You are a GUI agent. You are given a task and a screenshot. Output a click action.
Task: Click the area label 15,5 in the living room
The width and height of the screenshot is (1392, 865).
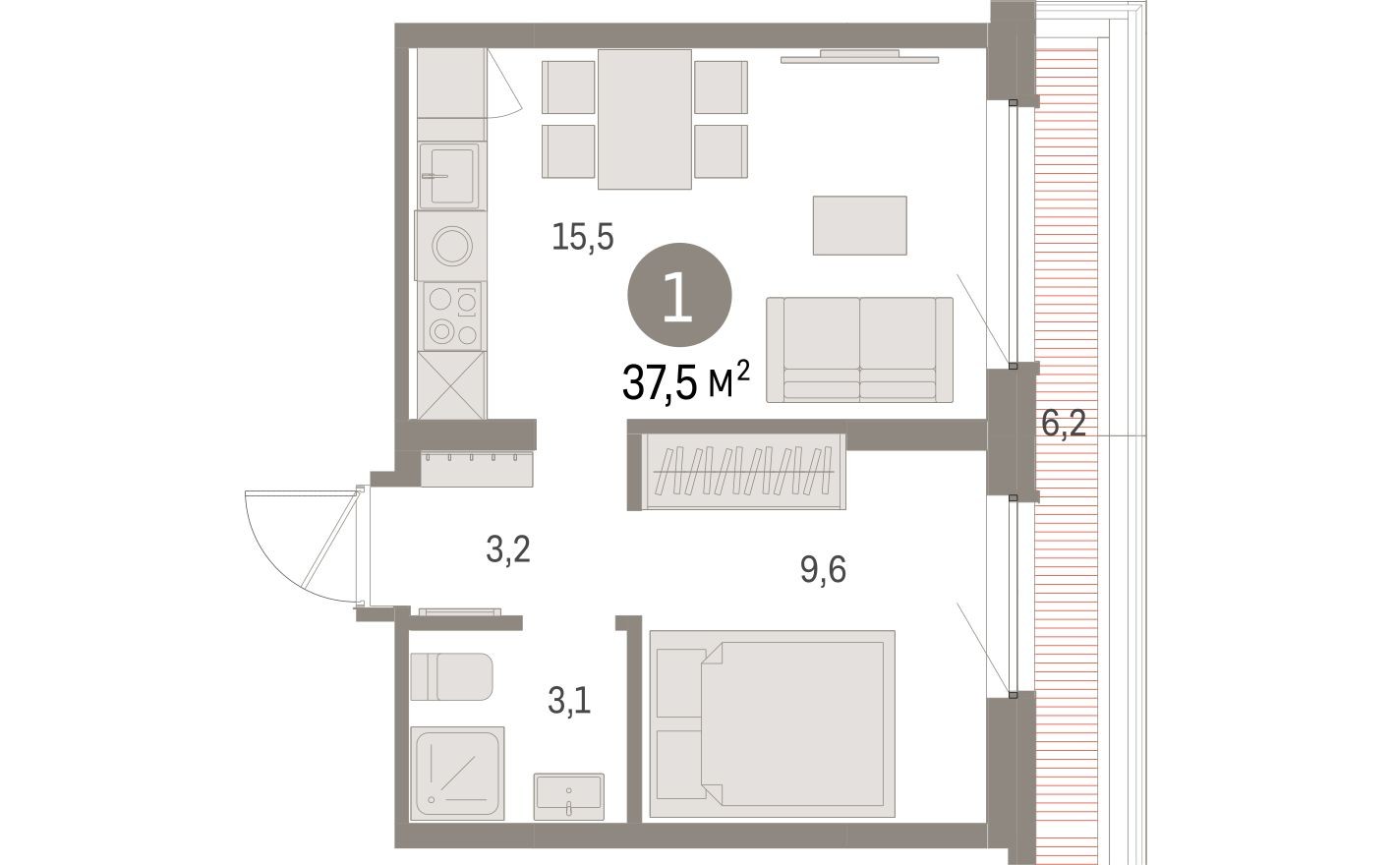[582, 237]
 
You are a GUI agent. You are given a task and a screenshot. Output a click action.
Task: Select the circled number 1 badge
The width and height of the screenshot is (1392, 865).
[679, 296]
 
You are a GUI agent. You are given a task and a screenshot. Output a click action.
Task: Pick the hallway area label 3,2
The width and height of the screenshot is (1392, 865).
[508, 549]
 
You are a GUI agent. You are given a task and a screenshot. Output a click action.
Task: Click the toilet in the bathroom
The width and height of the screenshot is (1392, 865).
[450, 677]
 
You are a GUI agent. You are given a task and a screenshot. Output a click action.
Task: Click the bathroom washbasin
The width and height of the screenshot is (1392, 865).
[568, 794]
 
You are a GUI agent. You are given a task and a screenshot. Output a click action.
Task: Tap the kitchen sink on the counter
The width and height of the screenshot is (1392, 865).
[450, 175]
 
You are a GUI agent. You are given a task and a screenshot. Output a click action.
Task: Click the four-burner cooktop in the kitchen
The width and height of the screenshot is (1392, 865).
[451, 317]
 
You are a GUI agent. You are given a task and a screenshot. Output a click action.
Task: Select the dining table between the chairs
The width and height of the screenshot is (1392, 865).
[645, 118]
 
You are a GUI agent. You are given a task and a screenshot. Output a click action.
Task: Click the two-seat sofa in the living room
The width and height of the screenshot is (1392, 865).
[859, 349]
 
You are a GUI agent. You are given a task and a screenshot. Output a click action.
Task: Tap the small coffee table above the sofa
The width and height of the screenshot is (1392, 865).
[859, 225]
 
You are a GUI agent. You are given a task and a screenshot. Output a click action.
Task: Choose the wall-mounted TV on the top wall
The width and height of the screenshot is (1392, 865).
[859, 58]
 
